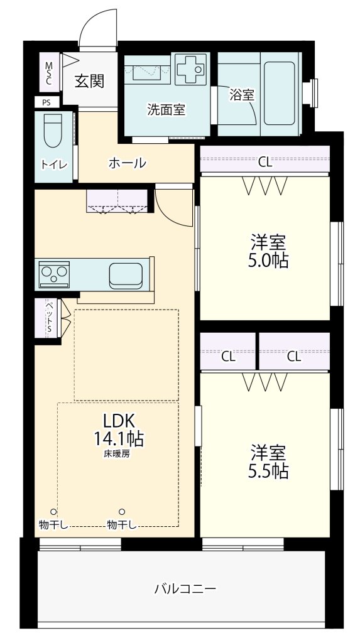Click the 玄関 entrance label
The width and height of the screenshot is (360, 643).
click(89, 81)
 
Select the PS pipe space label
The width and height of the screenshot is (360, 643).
click(46, 102)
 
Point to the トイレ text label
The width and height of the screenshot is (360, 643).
click(54, 165)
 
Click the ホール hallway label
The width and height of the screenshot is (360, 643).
click(128, 163)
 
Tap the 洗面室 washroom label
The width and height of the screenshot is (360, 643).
click(166, 109)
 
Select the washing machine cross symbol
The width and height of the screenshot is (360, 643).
click(190, 68)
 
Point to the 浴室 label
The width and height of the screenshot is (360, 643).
click(242, 95)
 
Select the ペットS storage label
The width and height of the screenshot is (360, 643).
click(49, 318)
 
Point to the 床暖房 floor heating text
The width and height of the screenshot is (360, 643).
click(117, 453)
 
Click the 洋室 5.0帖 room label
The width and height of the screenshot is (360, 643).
click(269, 251)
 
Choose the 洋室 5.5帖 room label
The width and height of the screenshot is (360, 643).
click(269, 462)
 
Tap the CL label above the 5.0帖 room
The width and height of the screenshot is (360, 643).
click(265, 162)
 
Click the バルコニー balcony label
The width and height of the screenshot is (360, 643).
click(185, 589)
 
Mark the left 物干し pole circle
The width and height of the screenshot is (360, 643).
click(54, 512)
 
